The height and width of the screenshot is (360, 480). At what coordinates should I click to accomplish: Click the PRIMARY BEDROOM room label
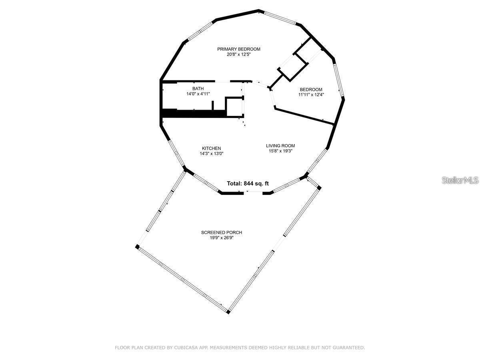[x=238, y=49]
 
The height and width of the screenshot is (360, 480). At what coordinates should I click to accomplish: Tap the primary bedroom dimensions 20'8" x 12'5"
[x=238, y=54]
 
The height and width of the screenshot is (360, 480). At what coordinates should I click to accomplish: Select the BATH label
[x=198, y=88]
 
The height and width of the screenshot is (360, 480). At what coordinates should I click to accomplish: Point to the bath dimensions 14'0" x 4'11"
[x=198, y=94]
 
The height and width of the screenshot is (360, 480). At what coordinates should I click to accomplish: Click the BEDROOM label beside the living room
[x=311, y=89]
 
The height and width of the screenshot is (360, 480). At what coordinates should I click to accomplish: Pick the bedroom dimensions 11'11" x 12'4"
[x=311, y=95]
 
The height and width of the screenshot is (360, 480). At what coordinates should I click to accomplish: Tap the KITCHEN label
[x=211, y=148]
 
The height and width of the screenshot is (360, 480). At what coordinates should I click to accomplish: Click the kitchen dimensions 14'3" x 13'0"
[x=211, y=154]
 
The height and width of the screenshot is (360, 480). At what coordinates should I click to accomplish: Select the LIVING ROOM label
[x=280, y=146]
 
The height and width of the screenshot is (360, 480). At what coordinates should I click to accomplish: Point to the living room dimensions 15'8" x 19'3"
[x=280, y=151]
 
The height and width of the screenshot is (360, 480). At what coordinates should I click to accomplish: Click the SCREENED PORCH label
[x=222, y=232]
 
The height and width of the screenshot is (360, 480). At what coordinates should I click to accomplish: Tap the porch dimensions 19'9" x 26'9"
[x=222, y=238]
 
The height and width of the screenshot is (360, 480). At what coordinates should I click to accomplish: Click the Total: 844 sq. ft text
[x=248, y=184]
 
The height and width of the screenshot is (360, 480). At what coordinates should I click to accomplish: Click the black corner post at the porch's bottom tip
[x=228, y=312]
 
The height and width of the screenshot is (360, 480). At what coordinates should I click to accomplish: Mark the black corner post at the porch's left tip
[x=137, y=247]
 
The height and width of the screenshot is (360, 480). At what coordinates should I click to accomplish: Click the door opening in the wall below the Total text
[x=253, y=192]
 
